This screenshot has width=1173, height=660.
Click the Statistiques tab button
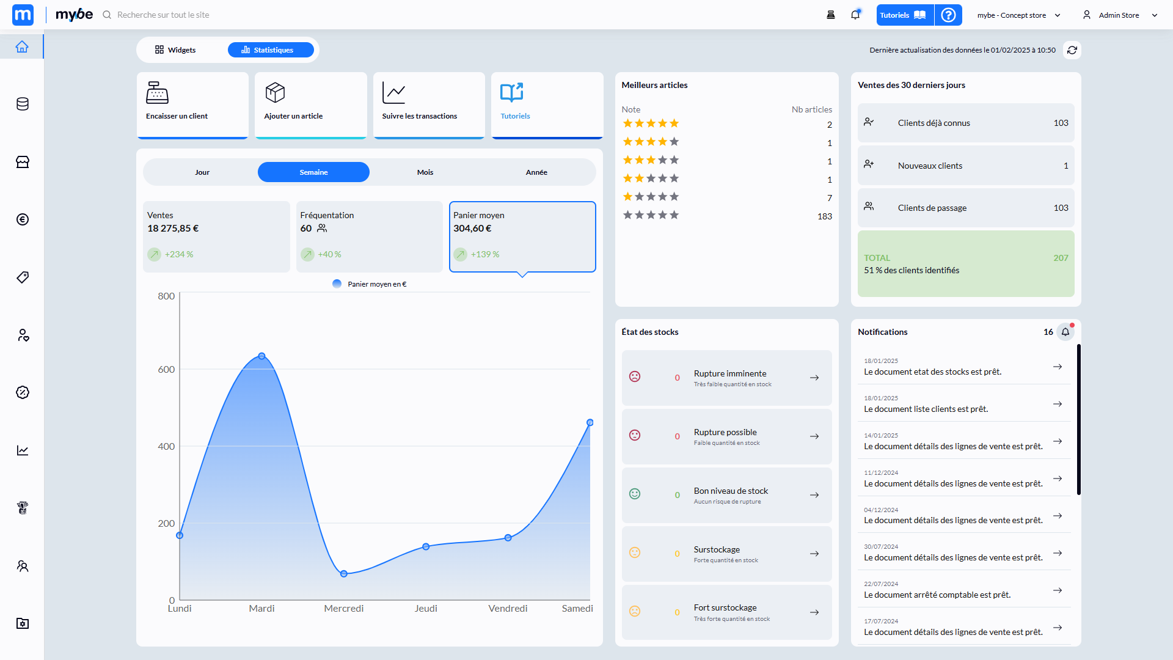(x=271, y=50)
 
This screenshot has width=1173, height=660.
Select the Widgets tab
(x=175, y=50)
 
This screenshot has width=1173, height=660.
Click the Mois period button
(x=425, y=172)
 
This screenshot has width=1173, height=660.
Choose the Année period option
(x=536, y=172)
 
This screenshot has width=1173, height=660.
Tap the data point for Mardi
(x=261, y=356)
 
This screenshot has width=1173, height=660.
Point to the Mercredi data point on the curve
(x=344, y=574)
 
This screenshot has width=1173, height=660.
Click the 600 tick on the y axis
(x=166, y=370)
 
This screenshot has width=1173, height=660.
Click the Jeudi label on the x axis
(x=426, y=609)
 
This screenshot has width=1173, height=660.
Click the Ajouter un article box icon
(x=275, y=93)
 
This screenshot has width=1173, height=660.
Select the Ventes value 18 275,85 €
(x=173, y=229)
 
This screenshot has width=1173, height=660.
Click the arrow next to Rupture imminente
(x=814, y=378)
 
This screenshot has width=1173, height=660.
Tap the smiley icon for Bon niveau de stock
(x=635, y=494)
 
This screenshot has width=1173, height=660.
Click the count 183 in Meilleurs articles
(x=825, y=216)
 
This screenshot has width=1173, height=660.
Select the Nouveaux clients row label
(x=930, y=166)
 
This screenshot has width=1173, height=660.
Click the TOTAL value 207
(x=1061, y=258)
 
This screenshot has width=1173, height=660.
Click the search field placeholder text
(x=163, y=15)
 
